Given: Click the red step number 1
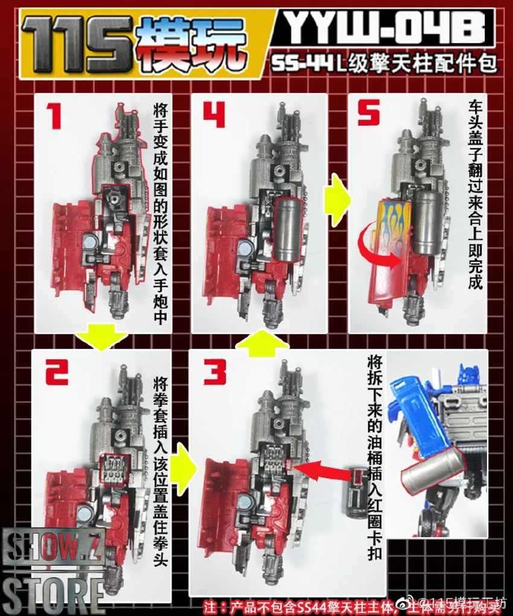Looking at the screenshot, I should [56, 116].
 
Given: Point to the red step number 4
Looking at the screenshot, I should [214, 116].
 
